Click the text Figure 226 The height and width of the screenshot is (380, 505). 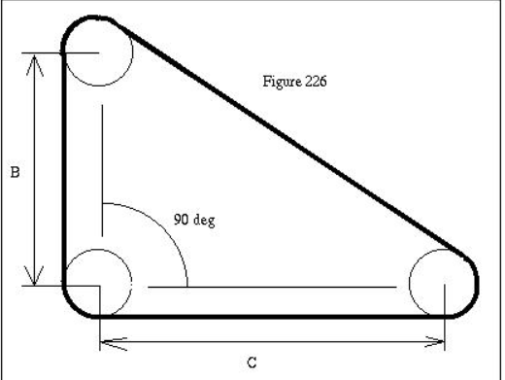(294, 81)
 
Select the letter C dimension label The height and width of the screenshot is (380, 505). (252, 363)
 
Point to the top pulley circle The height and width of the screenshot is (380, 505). (98, 53)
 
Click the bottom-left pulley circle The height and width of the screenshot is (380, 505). (98, 281)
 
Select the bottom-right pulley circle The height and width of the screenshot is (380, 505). (443, 284)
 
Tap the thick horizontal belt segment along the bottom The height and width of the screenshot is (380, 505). (272, 317)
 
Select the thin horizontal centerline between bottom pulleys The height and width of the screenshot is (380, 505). (272, 287)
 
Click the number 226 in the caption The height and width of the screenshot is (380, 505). (314, 81)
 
